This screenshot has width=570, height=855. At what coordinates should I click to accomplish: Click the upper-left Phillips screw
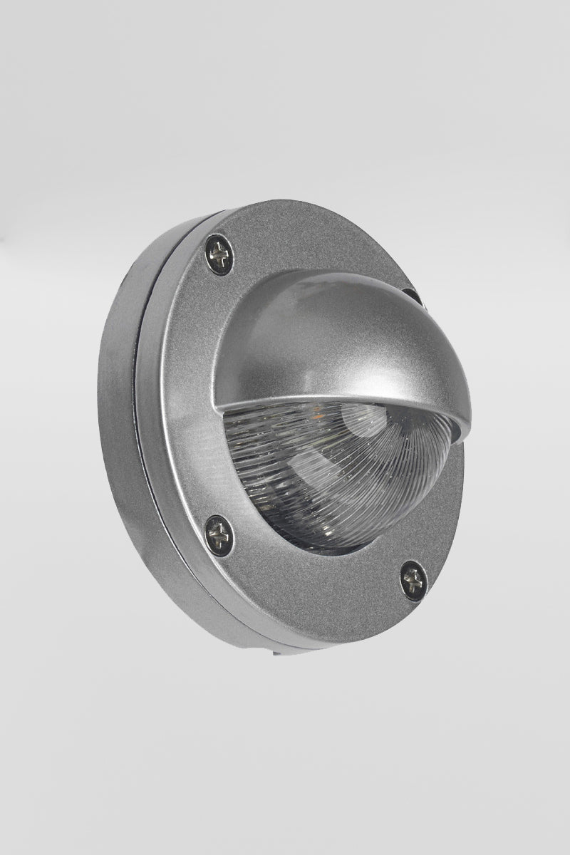pyautogui.click(x=219, y=254)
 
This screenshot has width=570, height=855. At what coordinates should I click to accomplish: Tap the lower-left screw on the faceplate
pyautogui.click(x=219, y=534)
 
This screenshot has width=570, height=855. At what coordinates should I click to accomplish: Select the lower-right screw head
pyautogui.click(x=413, y=581)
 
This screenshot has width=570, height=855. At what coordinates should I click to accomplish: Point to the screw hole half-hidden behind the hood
pyautogui.click(x=411, y=294)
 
